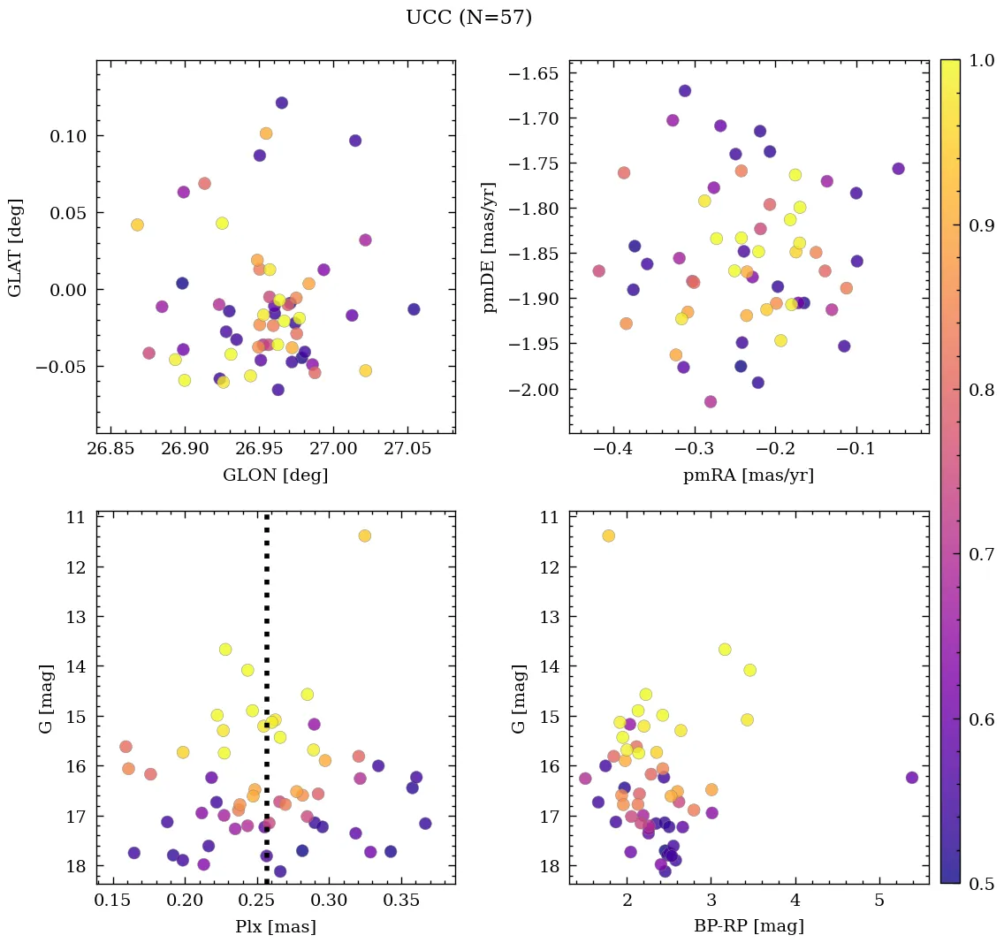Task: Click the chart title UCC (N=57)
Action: (x=468, y=18)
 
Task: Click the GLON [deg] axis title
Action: (x=275, y=475)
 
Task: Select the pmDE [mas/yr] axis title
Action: (x=490, y=247)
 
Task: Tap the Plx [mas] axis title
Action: (x=275, y=927)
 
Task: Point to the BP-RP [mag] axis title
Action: (x=749, y=927)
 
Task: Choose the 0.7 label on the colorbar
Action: (x=978, y=553)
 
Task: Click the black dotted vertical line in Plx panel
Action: (x=267, y=619)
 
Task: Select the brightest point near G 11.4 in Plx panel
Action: (x=364, y=536)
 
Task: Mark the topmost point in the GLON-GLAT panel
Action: (x=282, y=103)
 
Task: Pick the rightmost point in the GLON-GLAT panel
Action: (x=414, y=309)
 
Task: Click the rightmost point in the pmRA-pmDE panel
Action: (x=898, y=169)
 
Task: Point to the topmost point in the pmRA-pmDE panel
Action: (x=685, y=91)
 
